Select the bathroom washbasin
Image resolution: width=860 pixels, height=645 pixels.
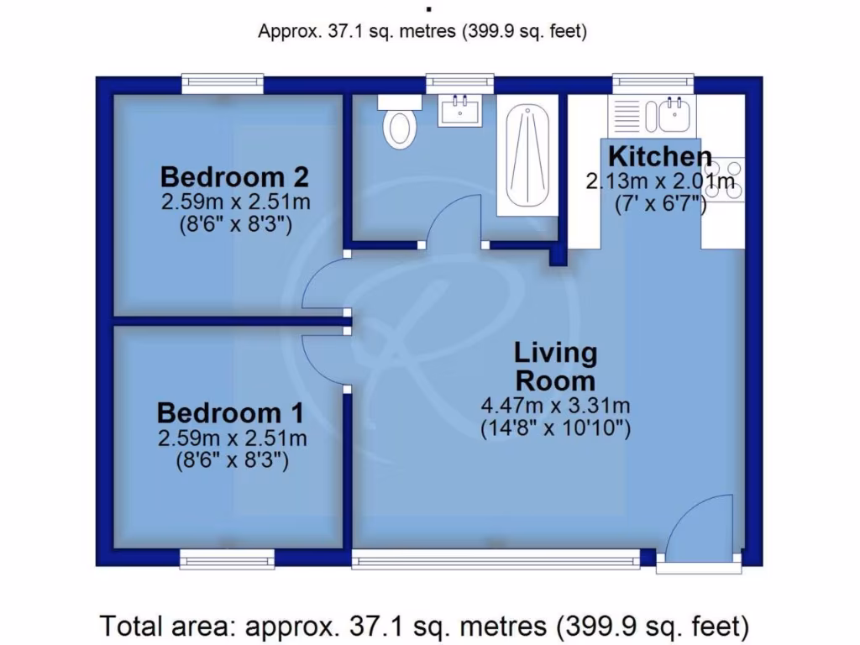tap(460, 111)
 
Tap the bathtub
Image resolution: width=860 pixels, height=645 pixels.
tap(527, 156)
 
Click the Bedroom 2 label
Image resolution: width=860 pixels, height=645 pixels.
tap(234, 177)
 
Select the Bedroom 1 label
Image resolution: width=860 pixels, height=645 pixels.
tap(231, 413)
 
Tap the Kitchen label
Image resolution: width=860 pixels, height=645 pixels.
tap(660, 156)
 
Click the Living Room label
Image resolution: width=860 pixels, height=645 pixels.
tap(555, 365)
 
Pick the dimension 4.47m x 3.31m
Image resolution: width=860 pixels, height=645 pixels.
tap(555, 406)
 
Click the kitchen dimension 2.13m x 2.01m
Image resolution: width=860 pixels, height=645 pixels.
tap(660, 181)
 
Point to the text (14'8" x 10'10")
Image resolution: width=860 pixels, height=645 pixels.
tap(555, 429)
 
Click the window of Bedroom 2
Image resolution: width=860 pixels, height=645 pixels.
tap(223, 82)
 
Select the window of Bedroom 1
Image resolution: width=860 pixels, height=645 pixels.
tap(227, 558)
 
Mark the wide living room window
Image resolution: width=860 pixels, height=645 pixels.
tap(496, 558)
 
